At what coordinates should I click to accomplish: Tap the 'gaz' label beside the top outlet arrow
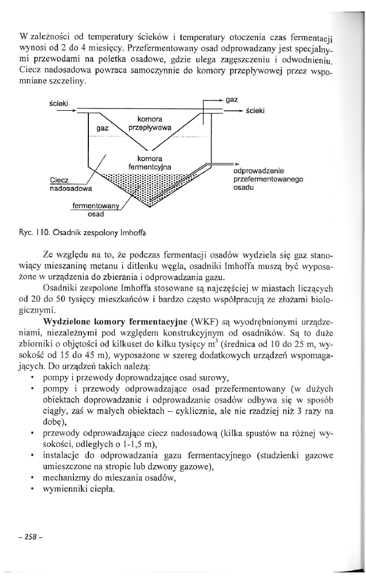point(232,99)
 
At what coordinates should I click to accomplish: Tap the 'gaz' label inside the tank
point(103,129)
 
